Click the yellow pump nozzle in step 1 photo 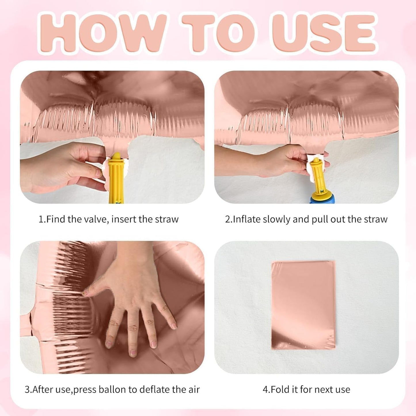point(116,177)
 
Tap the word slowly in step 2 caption point(276,219)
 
